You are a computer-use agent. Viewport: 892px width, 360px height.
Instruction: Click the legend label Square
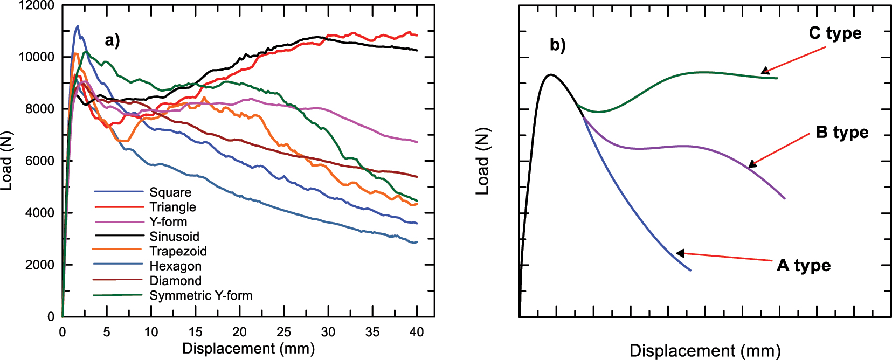tap(170, 192)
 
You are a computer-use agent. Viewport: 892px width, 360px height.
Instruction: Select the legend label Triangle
tap(172, 207)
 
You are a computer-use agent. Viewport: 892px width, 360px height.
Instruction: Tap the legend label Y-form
tap(168, 221)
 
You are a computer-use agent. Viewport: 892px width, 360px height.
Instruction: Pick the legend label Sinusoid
tap(174, 237)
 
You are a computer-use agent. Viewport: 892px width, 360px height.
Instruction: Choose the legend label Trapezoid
tap(178, 251)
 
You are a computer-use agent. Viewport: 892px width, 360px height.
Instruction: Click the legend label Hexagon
tap(175, 266)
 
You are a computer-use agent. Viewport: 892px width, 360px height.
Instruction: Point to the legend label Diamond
tap(175, 281)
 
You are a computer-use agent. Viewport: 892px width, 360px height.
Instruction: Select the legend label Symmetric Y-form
tap(200, 295)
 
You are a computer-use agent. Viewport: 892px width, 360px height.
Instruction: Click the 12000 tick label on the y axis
tap(36, 6)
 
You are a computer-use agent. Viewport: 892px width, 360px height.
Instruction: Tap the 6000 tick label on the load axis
tap(40, 161)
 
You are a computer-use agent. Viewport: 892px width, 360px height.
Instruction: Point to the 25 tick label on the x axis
tap(283, 332)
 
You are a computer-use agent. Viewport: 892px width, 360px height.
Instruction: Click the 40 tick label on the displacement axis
tap(417, 332)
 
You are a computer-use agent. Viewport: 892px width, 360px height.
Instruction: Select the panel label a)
tap(112, 41)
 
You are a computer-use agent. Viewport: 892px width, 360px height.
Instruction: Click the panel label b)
tap(558, 45)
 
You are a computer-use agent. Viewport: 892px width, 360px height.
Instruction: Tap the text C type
tap(835, 33)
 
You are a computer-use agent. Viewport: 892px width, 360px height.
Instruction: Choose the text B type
tap(842, 132)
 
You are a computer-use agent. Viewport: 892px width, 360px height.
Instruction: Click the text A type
tap(804, 265)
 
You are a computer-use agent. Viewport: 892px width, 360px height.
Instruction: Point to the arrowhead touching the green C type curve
tap(765, 71)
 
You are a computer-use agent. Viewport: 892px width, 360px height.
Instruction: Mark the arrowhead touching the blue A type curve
tap(680, 253)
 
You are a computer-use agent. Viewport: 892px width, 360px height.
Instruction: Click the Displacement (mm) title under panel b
tap(705, 351)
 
